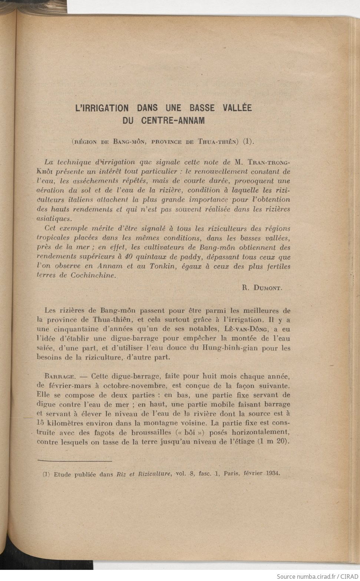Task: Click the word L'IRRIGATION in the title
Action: click(x=102, y=108)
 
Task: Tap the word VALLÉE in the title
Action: click(x=237, y=108)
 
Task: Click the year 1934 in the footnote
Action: click(x=273, y=473)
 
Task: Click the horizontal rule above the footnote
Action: click(x=75, y=461)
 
